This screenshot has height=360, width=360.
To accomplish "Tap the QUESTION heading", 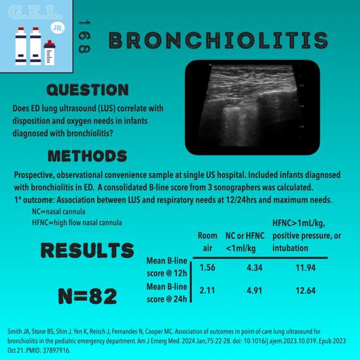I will [x=86, y=91].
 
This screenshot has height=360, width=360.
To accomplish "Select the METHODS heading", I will [x=86, y=155].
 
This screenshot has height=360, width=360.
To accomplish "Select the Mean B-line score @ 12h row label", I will [x=167, y=268].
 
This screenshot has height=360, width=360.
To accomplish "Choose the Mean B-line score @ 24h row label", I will [x=167, y=292].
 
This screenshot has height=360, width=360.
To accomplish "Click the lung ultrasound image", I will [x=251, y=92].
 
